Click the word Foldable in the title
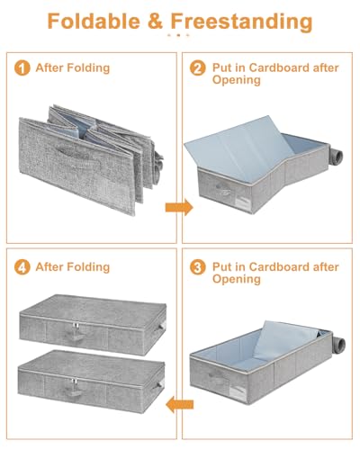point(94,22)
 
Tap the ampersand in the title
point(156,22)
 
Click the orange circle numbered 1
point(22,67)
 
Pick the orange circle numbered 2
point(198,67)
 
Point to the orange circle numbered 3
point(198,266)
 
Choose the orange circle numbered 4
point(22,266)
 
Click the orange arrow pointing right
point(179,207)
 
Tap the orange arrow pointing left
point(179,404)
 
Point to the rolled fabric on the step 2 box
point(336,158)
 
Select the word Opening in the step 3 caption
point(237,280)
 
